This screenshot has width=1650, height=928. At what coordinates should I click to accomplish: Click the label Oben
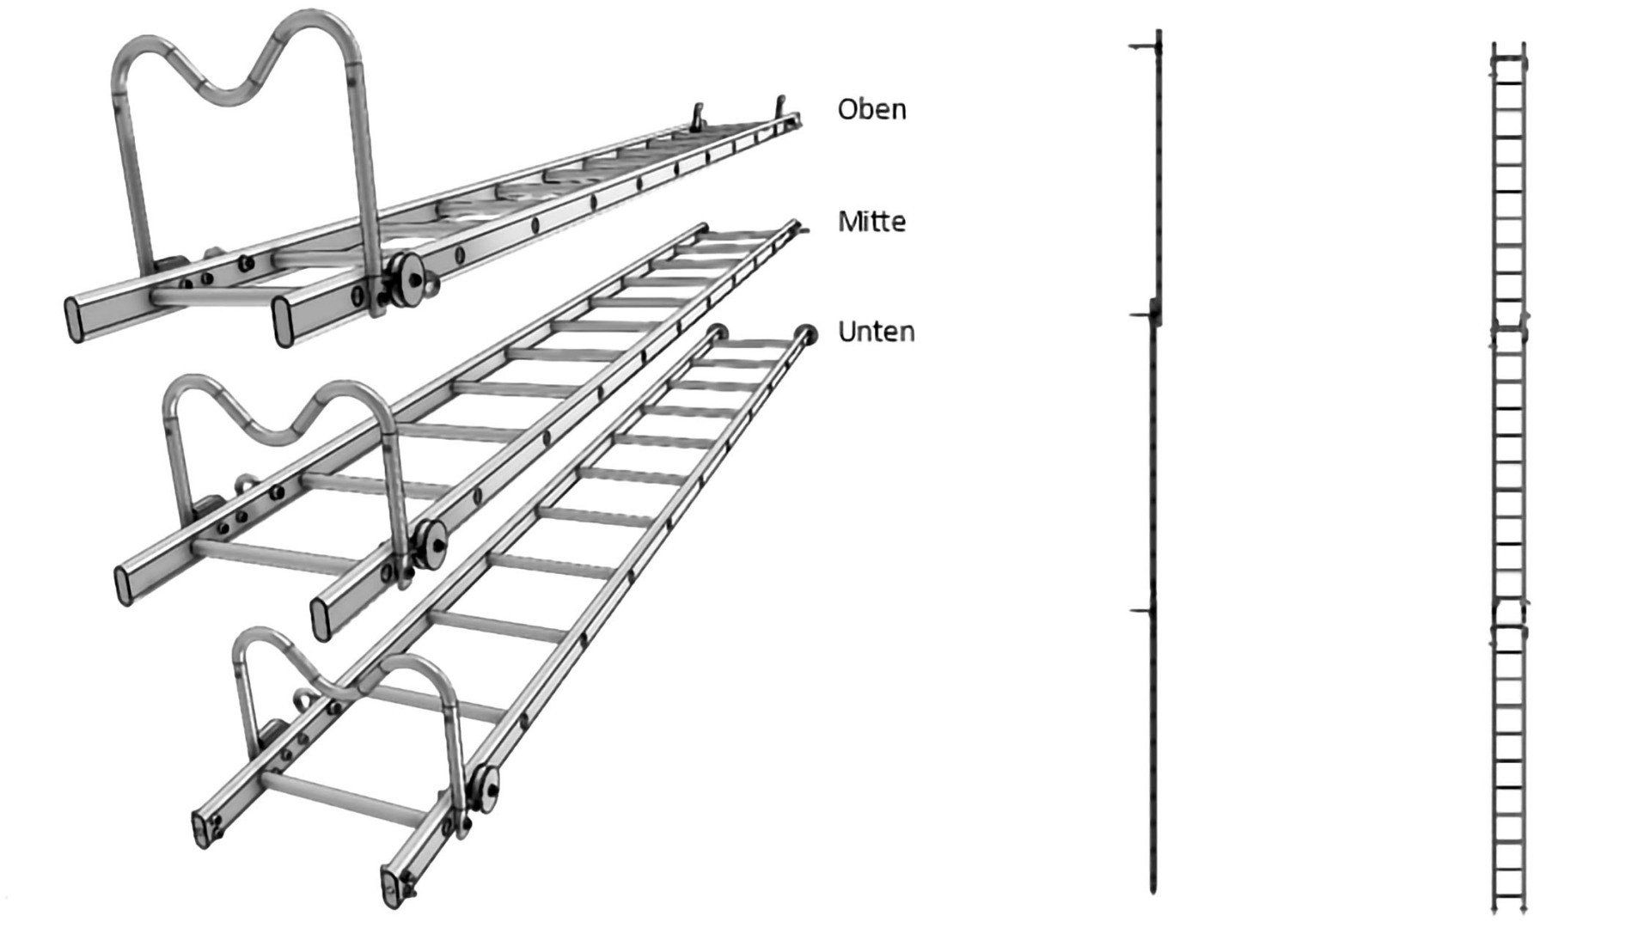[871, 109]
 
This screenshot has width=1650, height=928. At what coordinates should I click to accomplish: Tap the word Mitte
[871, 222]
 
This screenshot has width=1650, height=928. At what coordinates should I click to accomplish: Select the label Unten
[876, 332]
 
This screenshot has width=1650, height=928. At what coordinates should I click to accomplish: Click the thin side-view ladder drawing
[1154, 464]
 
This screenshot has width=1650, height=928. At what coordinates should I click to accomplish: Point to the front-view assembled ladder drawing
[1509, 464]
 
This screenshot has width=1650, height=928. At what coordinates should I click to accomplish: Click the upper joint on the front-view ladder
[1509, 327]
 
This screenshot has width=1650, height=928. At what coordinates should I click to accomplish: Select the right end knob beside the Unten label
[807, 333]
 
